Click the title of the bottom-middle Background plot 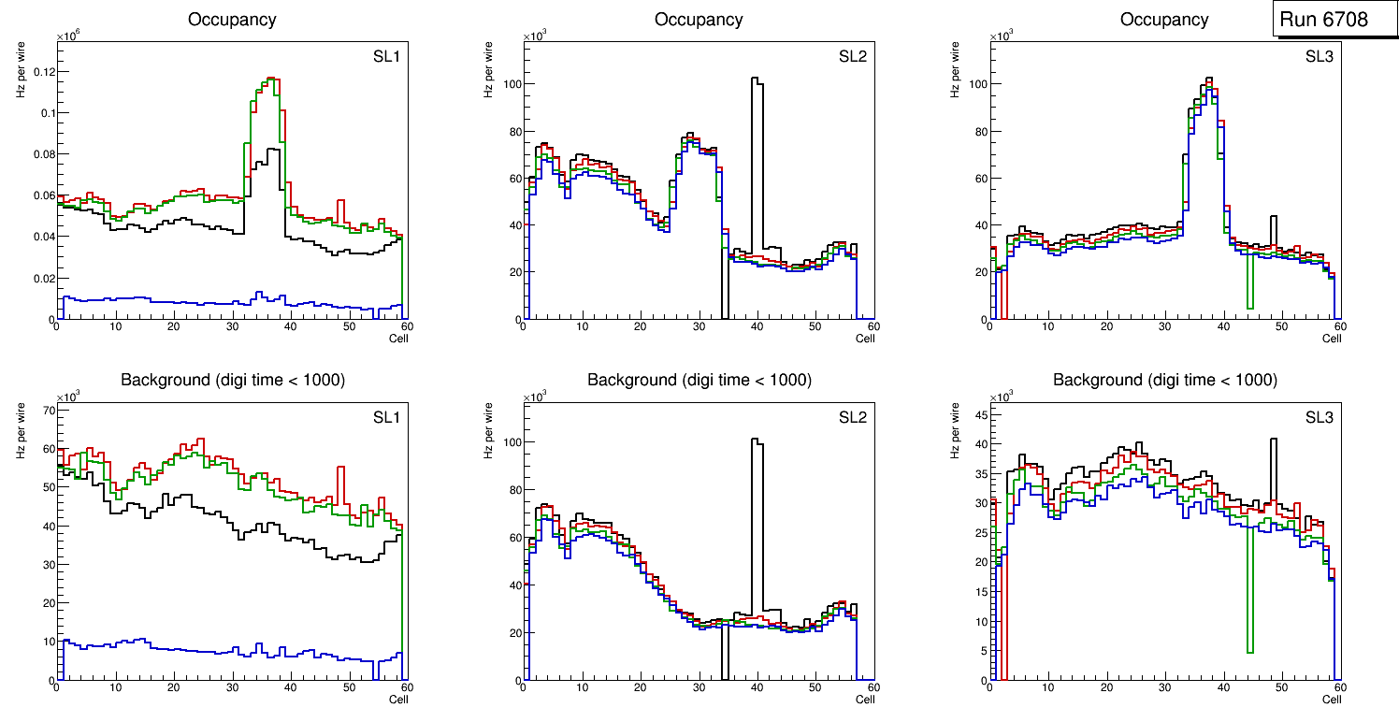point(699,380)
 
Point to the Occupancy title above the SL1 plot point(232,19)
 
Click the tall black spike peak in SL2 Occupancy point(757,79)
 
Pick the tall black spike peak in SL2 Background point(757,440)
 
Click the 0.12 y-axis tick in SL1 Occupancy point(40,72)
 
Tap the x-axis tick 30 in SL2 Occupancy point(698,326)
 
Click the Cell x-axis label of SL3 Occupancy point(1331,339)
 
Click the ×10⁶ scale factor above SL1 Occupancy point(69,36)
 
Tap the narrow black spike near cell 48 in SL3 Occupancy point(1273,217)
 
